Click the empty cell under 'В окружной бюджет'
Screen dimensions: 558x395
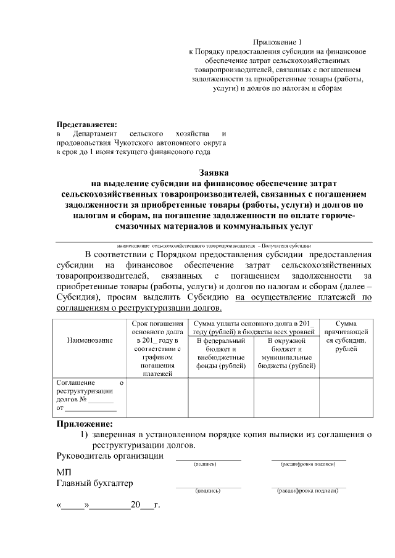(x=286, y=398)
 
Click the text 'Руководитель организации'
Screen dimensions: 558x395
(x=110, y=456)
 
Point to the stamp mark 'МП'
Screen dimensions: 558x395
(x=64, y=472)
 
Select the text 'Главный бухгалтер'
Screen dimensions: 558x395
(x=94, y=483)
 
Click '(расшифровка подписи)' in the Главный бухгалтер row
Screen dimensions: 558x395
(x=308, y=491)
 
